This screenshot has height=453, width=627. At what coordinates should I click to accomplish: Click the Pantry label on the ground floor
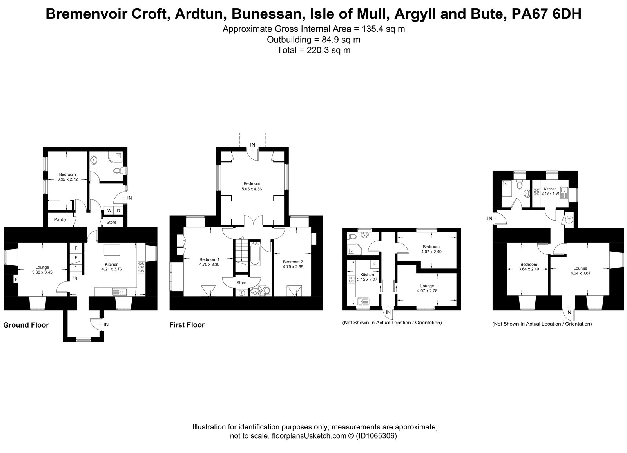point(60,219)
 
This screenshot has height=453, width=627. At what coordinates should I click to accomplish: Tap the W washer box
point(109,210)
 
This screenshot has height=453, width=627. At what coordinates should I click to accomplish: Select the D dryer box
point(118,210)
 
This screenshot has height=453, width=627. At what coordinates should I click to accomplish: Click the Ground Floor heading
point(26,325)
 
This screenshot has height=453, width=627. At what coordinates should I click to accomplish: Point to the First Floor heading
point(187,325)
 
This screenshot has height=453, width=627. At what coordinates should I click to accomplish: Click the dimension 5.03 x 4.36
point(252,189)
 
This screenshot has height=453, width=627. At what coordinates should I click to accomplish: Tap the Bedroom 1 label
point(209,259)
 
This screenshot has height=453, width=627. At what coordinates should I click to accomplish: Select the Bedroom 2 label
point(293,262)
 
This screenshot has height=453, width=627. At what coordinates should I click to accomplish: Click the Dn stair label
point(241,237)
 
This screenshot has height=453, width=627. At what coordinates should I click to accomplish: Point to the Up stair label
point(76,278)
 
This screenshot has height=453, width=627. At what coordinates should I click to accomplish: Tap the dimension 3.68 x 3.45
point(42,272)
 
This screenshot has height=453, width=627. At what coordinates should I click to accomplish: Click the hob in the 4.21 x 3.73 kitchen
point(141,267)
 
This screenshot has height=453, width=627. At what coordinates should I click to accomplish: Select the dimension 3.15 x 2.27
point(367,279)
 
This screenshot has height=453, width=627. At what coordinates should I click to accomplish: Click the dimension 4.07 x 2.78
point(427,291)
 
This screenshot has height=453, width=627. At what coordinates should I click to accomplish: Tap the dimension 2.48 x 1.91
point(550,194)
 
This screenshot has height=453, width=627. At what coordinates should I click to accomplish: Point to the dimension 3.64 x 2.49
point(529,269)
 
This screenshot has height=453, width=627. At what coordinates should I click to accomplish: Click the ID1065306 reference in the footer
point(376,436)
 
